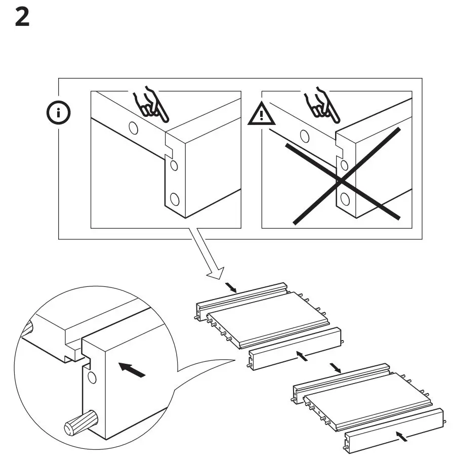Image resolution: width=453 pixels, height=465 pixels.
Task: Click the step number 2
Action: click(x=22, y=18)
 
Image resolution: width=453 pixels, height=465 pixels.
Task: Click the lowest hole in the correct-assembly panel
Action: click(x=174, y=199)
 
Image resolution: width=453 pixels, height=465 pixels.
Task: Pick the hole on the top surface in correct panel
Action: click(x=134, y=128)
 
